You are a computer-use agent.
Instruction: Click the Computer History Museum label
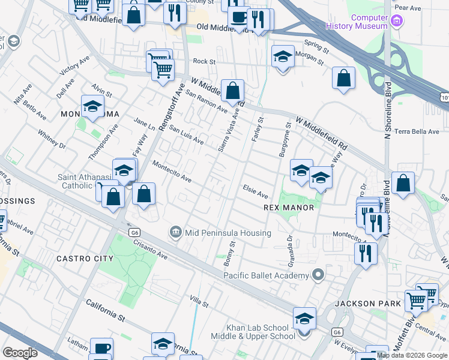[356, 22]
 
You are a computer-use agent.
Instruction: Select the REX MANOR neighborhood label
[289, 208]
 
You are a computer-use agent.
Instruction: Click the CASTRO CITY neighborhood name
[85, 259]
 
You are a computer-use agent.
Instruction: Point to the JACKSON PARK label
[367, 304]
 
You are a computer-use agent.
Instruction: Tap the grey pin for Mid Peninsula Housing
[175, 232]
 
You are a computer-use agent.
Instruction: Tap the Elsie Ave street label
[255, 191]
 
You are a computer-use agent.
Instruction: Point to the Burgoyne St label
[285, 141]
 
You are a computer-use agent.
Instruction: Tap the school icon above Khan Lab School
[304, 319]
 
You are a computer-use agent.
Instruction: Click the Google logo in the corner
[19, 353]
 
